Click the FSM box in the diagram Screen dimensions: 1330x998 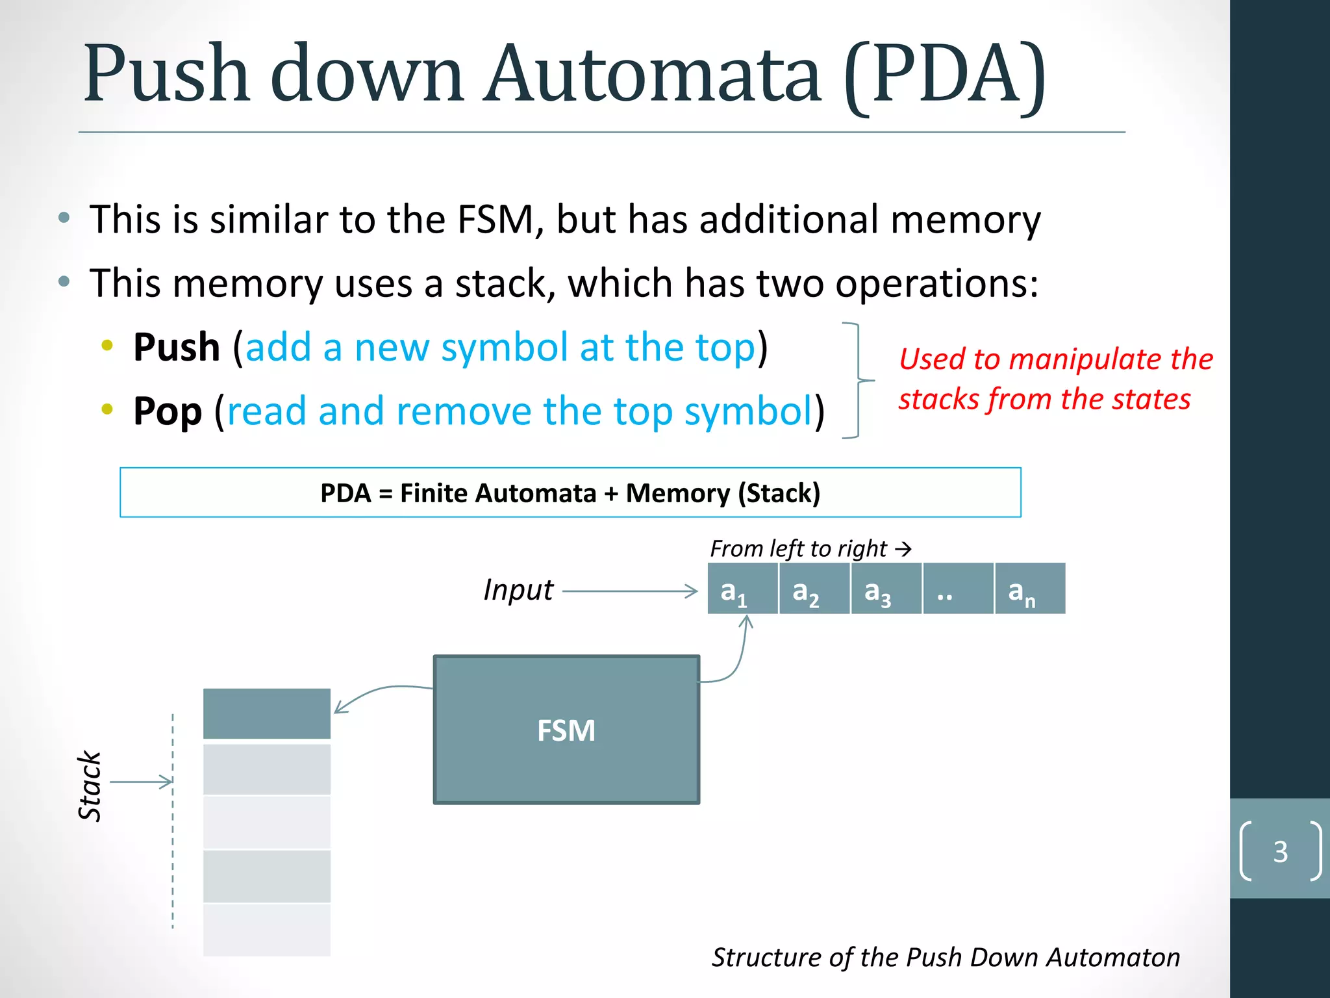(x=566, y=730)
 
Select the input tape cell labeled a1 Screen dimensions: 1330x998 (x=742, y=589)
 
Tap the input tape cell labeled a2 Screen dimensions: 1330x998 (x=814, y=589)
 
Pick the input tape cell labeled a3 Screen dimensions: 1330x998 (x=886, y=589)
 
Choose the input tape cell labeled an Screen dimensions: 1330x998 (x=1030, y=589)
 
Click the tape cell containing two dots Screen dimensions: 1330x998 (x=958, y=589)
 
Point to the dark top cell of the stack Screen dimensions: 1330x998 (x=267, y=713)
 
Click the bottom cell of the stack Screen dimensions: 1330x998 (x=267, y=930)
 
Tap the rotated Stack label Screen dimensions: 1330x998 (x=90, y=786)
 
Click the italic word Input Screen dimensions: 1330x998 (x=518, y=590)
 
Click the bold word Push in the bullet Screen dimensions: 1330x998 (x=177, y=347)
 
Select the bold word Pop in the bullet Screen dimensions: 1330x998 (x=168, y=411)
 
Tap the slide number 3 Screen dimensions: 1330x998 (x=1280, y=852)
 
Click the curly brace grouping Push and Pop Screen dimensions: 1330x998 (x=859, y=380)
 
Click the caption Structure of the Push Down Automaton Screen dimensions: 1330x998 (x=946, y=957)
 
